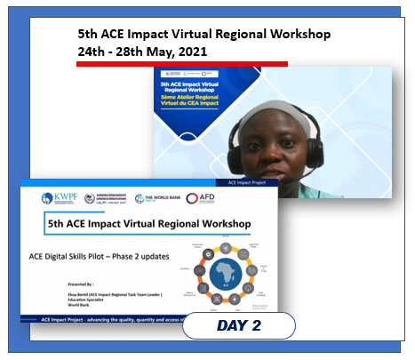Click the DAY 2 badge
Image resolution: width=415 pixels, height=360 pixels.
[238, 326]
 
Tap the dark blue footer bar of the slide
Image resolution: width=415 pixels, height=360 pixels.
[98, 316]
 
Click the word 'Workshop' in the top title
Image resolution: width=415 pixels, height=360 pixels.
[292, 34]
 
